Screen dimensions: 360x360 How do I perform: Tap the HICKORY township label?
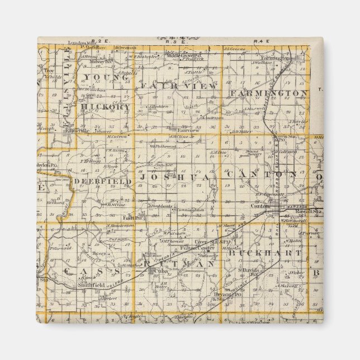[x=106, y=106]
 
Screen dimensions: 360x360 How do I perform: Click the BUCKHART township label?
[x=265, y=253]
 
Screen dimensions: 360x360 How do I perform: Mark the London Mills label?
[x=80, y=42]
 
